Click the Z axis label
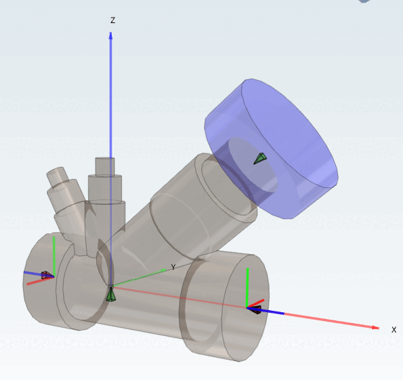[112, 20]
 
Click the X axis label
[394, 330]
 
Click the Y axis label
[173, 267]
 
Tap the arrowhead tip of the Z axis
[111, 32]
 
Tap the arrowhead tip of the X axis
[379, 328]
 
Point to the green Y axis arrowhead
[164, 270]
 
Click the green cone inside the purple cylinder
[260, 159]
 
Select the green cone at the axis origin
[111, 294]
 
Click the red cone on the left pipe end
[45, 275]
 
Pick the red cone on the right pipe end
[256, 309]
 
